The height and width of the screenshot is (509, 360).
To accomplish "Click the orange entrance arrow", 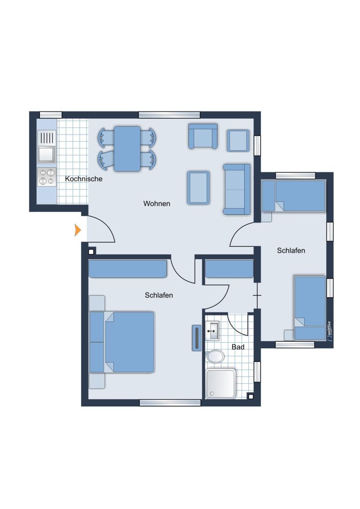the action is pos(77,230).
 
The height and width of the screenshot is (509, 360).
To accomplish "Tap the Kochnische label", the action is pos(83,179).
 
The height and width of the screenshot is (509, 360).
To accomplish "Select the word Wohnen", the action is pos(157,203).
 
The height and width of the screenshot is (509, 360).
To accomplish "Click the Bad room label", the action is pos(238,347).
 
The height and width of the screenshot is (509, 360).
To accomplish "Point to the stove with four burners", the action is pos(47,177).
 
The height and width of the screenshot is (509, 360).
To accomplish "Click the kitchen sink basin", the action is pos(46,154).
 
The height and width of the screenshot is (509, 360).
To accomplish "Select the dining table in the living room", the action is pos(127,149).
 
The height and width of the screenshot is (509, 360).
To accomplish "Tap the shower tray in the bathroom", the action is pos(220,383).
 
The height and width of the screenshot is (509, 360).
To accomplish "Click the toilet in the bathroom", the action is pos(215,356).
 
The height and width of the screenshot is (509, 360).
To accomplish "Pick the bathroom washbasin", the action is pos(212,330).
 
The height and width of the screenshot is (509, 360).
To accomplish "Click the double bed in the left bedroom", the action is pos(122,342).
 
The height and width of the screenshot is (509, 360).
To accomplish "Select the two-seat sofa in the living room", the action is pos(237,189).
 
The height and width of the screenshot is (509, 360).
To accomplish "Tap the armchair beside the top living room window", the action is pos(203,136).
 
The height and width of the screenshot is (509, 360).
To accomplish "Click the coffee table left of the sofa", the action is pos(198,188).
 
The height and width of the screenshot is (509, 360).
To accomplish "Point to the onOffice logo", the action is pos(329,330).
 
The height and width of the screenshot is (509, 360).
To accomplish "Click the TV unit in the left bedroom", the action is pos(197,338).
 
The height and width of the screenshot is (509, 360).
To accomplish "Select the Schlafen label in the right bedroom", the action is pos(291,251).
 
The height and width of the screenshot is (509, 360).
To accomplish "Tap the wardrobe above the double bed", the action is pos(128,269).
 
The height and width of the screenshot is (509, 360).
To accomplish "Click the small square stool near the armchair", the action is pos(238,141).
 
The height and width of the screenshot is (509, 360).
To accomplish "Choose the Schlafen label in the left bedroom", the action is pos(159,295).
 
